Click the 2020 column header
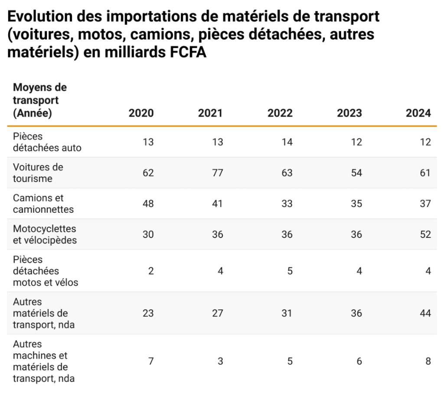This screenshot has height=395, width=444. pos(141,113)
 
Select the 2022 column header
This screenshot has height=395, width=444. pos(280,113)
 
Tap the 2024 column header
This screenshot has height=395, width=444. pos(418,113)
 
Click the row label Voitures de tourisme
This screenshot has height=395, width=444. pos(38,173)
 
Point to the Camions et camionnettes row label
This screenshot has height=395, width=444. pos(43,204)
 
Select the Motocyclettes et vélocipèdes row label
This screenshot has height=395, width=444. pos(45,234)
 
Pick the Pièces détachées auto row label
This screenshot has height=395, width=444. pos(47,142)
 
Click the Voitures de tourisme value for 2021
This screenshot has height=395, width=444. pos(217,173)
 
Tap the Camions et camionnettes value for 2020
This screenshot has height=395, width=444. pos(148,204)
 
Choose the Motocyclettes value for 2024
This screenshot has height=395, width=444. pos(425,234)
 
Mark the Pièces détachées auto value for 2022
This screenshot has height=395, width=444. pos(287,142)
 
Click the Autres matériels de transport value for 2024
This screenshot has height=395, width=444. pos(425,313)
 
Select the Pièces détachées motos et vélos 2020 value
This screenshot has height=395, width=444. pos(151,271)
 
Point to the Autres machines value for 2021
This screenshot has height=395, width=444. pos(220,361)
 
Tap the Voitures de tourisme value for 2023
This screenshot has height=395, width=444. pos(356,173)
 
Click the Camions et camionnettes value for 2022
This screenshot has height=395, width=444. pos(287,204)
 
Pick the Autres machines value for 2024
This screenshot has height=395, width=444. pos(428,361)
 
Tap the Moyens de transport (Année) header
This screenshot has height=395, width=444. pos(40,101)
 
